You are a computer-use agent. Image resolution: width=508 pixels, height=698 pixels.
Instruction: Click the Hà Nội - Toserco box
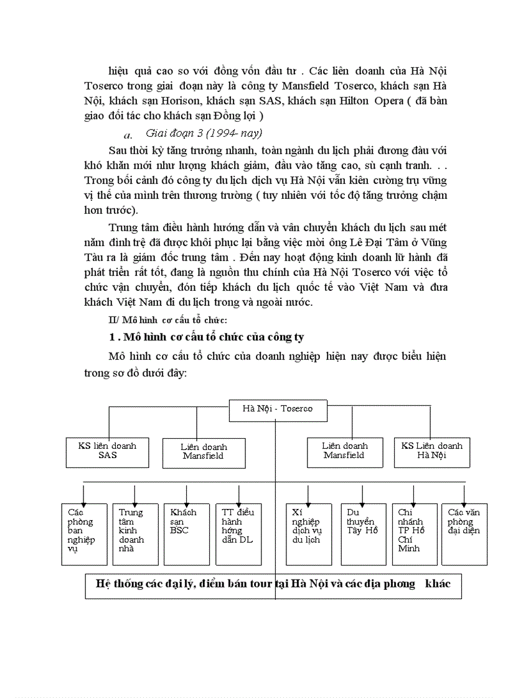click(x=277, y=409)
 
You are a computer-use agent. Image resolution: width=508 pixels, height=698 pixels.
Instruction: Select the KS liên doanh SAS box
click(x=108, y=452)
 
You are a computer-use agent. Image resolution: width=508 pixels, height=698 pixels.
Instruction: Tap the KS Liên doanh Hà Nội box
click(x=432, y=452)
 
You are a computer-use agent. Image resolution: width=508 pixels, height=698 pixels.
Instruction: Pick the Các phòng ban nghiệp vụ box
click(x=84, y=534)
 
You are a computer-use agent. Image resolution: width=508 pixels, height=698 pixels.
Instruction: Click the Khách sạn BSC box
click(x=186, y=534)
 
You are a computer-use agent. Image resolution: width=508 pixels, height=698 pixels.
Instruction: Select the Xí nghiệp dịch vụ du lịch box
click(x=309, y=534)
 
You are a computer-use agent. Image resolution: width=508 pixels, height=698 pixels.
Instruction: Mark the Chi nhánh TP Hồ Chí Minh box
click(x=415, y=534)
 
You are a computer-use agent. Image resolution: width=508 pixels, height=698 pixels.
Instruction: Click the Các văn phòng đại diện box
click(x=464, y=534)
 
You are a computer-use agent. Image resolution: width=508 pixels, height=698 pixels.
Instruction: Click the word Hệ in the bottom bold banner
click(x=104, y=584)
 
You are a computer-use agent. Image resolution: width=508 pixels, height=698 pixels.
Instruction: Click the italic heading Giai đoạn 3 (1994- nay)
click(x=204, y=133)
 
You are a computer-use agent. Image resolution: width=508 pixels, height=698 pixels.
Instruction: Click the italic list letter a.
click(x=128, y=134)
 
